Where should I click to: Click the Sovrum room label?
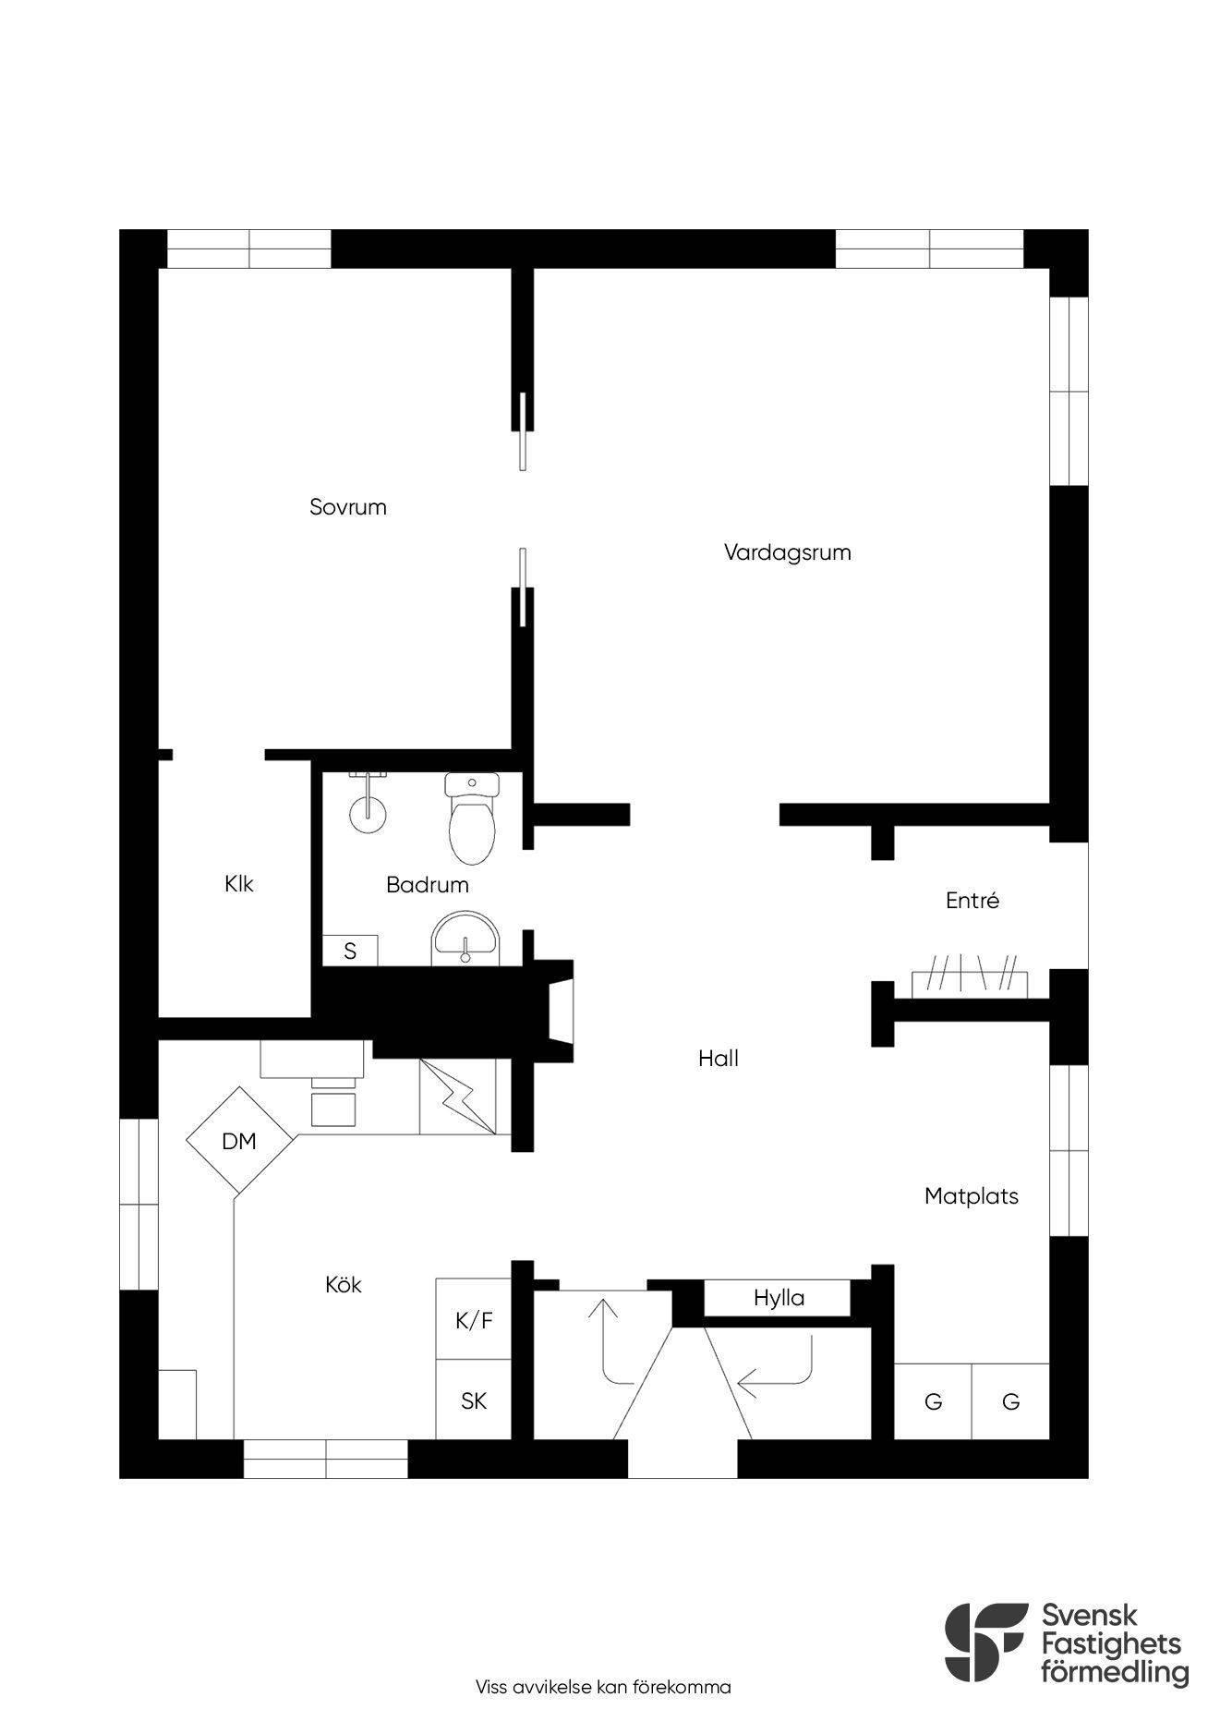(x=347, y=507)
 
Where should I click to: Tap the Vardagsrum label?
(x=787, y=552)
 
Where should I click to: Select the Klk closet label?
(x=238, y=884)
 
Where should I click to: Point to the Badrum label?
(x=427, y=885)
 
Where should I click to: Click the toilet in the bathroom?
(x=472, y=817)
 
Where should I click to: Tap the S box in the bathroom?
(x=350, y=951)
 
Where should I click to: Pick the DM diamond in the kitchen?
(x=240, y=1141)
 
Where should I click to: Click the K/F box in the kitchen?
(x=474, y=1319)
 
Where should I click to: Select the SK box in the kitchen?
(x=474, y=1400)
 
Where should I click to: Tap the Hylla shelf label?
(x=779, y=1298)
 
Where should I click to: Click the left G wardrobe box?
(x=933, y=1401)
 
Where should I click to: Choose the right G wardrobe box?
(x=1010, y=1401)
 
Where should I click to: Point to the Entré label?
(x=972, y=901)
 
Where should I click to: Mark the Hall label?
(x=719, y=1059)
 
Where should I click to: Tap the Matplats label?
(x=972, y=1196)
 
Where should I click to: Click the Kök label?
(x=344, y=1284)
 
